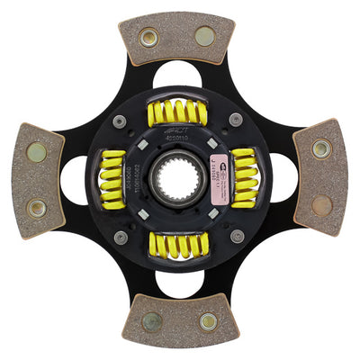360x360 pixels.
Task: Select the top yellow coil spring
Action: tap(177, 113)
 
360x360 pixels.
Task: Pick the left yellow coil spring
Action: tap(113, 179)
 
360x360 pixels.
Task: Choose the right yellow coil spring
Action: tap(243, 178)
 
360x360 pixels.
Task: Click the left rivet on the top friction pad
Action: tap(148, 38)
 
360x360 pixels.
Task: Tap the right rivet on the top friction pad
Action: tap(205, 37)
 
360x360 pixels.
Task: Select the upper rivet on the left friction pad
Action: tap(37, 152)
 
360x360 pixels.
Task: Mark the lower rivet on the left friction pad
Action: tap(37, 208)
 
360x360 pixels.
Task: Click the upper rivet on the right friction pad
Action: tap(321, 150)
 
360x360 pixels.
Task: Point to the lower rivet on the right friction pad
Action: tap(321, 206)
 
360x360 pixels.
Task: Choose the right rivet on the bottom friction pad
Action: tap(208, 321)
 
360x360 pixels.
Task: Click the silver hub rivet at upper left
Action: tap(119, 121)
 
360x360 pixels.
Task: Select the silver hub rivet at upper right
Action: tap(236, 120)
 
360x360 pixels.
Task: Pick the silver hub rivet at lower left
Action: tap(120, 238)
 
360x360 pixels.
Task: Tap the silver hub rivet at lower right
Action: tap(237, 237)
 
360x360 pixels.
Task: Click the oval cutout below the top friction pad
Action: tap(177, 75)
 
